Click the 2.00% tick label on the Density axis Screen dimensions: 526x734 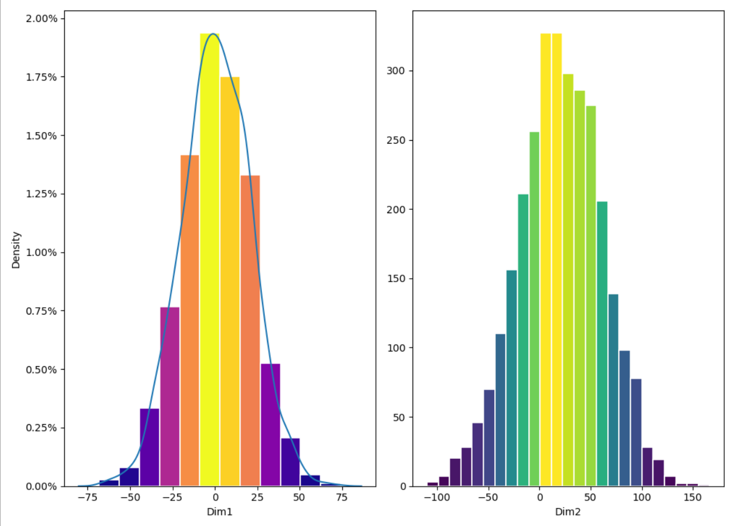point(42,19)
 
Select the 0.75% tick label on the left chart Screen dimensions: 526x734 point(42,311)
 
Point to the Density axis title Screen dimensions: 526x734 point(16,250)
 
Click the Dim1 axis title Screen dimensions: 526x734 point(215,512)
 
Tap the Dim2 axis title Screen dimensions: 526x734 point(568,512)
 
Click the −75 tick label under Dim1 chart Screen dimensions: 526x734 point(87,498)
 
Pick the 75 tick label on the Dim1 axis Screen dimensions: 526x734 point(342,498)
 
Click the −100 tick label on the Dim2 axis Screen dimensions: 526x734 point(438,498)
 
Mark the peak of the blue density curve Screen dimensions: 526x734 point(213,34)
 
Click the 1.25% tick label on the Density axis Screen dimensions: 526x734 point(42,194)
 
